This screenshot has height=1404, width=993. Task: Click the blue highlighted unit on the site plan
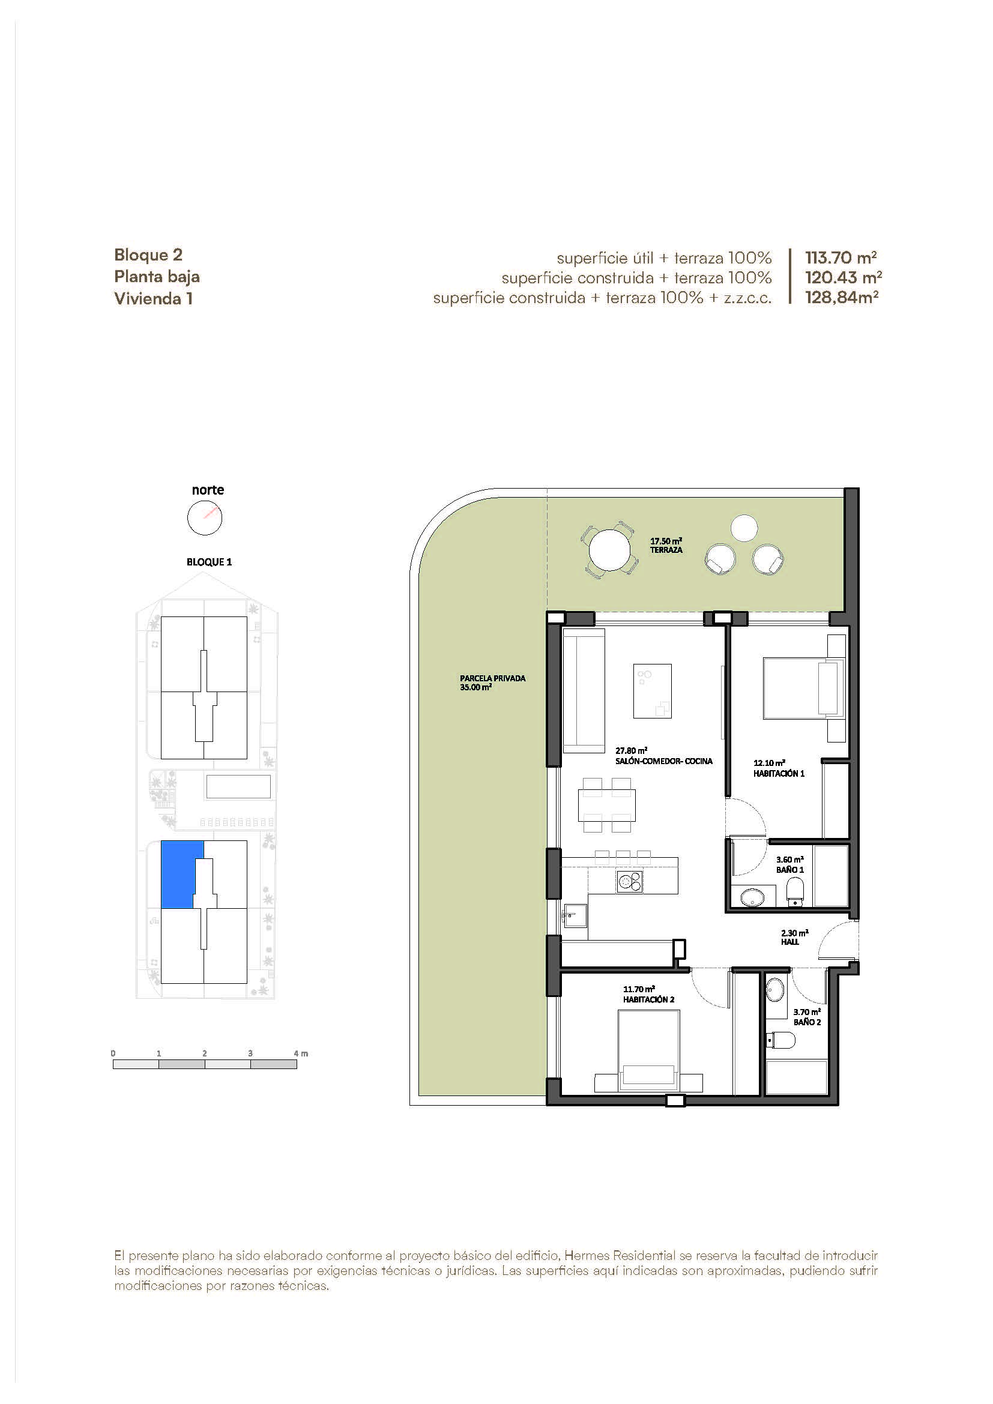point(177,874)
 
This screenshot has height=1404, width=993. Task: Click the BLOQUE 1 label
point(209,562)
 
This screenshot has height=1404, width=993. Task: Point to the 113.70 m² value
point(841,258)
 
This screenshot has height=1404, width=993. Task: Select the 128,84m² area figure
point(841,298)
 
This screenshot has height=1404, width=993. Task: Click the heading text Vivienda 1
point(154,298)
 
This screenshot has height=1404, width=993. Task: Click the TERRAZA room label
point(666,550)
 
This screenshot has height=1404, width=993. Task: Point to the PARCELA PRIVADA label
point(493,678)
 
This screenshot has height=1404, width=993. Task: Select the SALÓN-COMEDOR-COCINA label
point(664,761)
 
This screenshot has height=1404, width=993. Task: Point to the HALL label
point(790,942)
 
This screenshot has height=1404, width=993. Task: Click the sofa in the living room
point(584,690)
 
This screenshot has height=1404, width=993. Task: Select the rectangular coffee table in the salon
point(653,691)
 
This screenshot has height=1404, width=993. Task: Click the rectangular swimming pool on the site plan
point(238,786)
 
